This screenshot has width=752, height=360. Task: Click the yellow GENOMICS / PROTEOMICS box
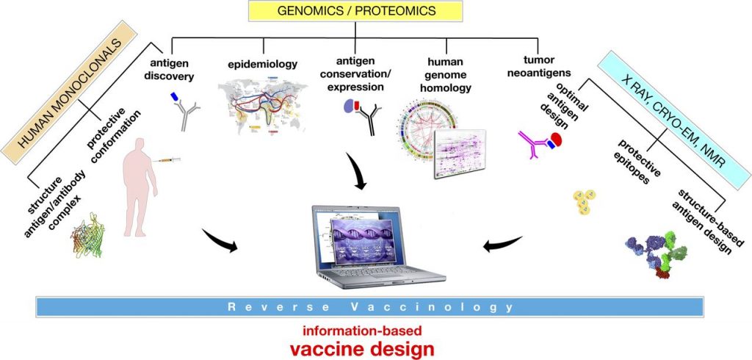click(x=355, y=11)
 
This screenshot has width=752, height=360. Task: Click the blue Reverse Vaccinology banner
click(x=375, y=306)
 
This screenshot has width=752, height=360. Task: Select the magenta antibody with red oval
click(x=540, y=141)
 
